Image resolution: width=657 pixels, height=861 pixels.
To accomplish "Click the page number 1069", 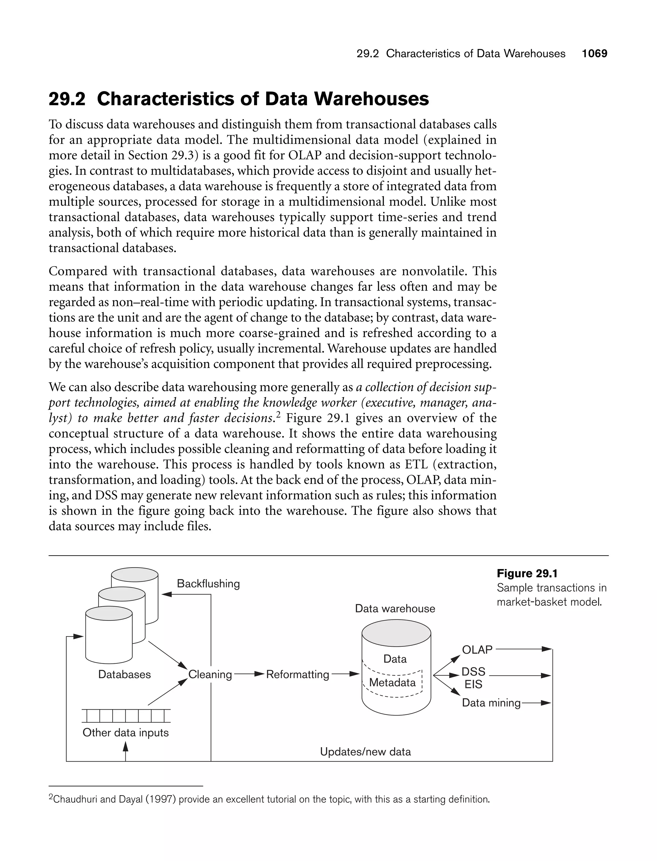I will point(594,54).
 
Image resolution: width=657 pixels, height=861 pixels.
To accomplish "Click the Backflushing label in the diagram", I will point(208,584).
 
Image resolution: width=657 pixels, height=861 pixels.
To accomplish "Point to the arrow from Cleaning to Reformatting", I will point(249,674).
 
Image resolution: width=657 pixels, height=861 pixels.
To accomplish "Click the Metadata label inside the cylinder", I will point(392,682).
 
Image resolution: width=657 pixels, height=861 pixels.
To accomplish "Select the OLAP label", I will point(477,650).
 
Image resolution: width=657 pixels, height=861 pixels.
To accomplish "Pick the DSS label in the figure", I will point(473,671).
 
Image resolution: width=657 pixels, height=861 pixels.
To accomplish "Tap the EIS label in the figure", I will point(473,684).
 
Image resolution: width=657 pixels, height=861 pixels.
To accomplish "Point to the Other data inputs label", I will point(125,732).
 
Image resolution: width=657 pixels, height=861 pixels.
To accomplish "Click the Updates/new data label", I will point(365,752).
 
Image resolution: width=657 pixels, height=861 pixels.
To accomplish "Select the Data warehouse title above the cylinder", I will point(395,609).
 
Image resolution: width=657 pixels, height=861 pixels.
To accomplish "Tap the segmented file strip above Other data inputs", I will point(126,716).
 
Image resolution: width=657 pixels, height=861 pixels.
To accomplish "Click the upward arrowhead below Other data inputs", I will point(125,747).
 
